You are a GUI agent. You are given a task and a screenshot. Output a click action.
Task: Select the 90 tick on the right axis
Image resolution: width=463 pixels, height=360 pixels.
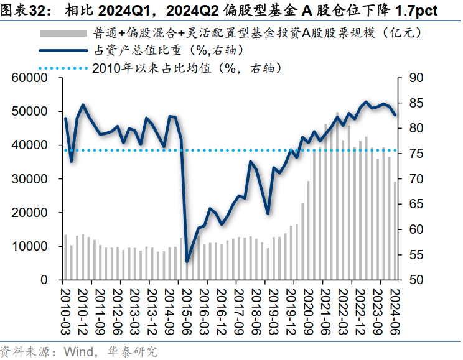413,78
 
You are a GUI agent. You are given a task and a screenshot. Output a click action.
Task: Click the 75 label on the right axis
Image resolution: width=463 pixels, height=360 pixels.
413,154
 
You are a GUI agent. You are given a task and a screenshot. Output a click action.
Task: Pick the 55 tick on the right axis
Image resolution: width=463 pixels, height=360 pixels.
413,255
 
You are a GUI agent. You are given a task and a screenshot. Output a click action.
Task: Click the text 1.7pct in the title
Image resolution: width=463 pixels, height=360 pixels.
415,11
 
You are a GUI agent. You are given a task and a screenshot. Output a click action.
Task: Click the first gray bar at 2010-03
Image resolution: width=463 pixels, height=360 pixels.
65,257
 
